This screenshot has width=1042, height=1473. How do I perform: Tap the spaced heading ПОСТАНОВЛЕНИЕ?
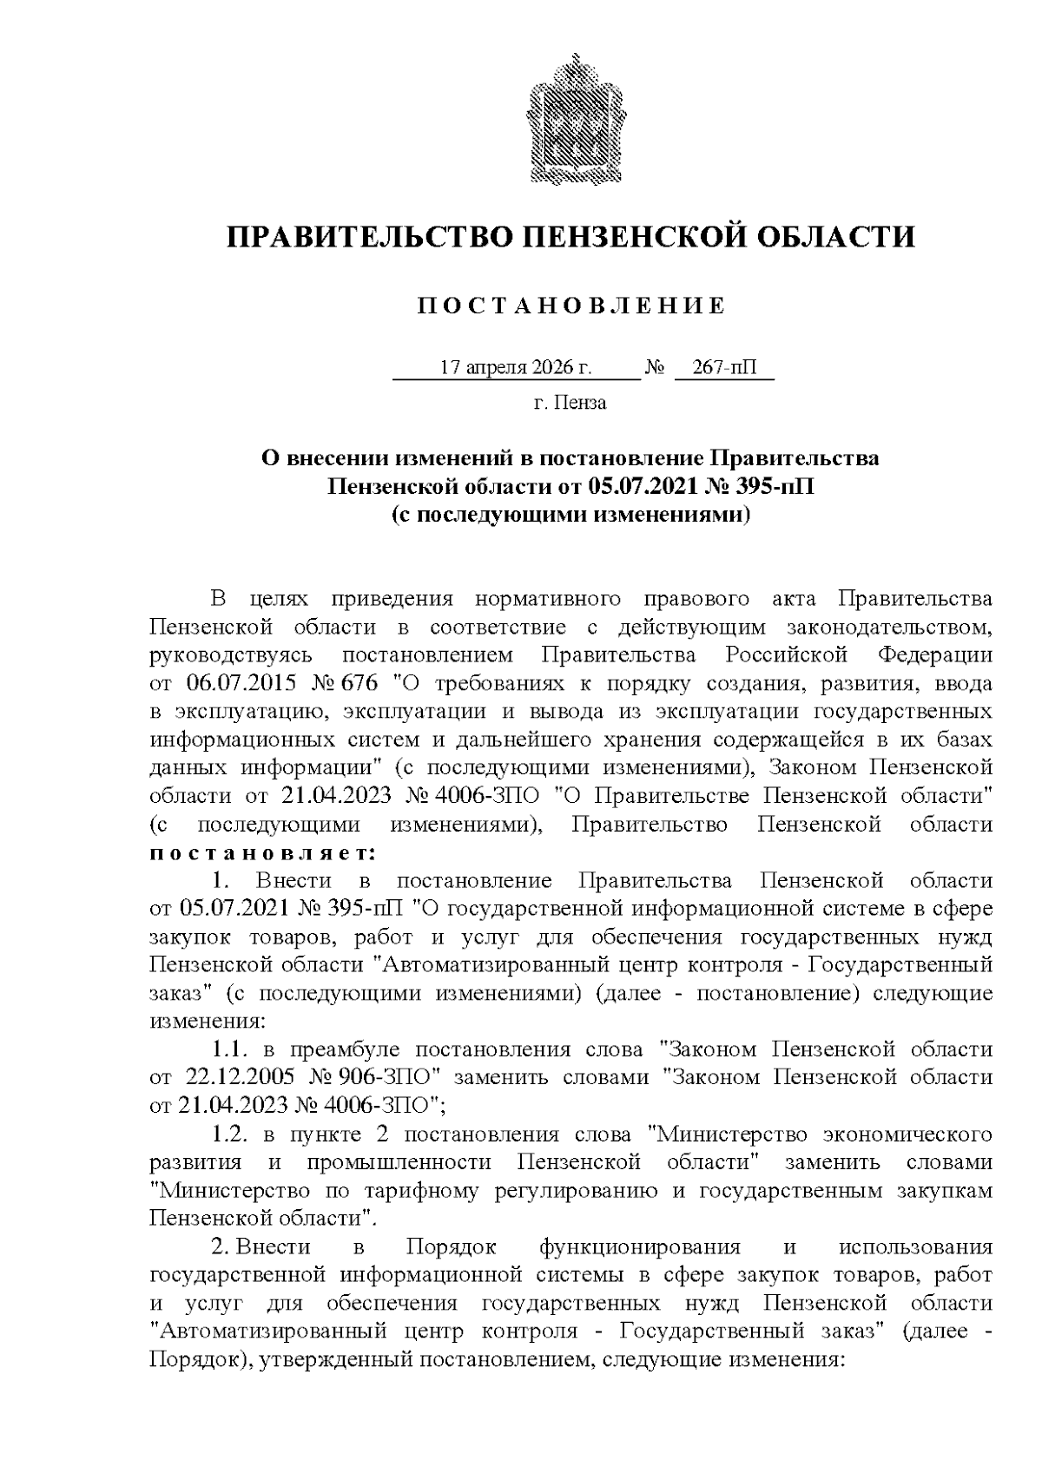[570, 306]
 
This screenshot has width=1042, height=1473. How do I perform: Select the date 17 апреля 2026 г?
[516, 367]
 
